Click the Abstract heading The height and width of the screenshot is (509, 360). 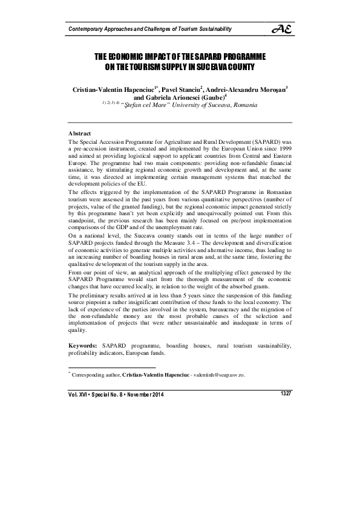tap(79, 132)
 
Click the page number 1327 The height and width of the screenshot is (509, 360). tap(286, 394)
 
